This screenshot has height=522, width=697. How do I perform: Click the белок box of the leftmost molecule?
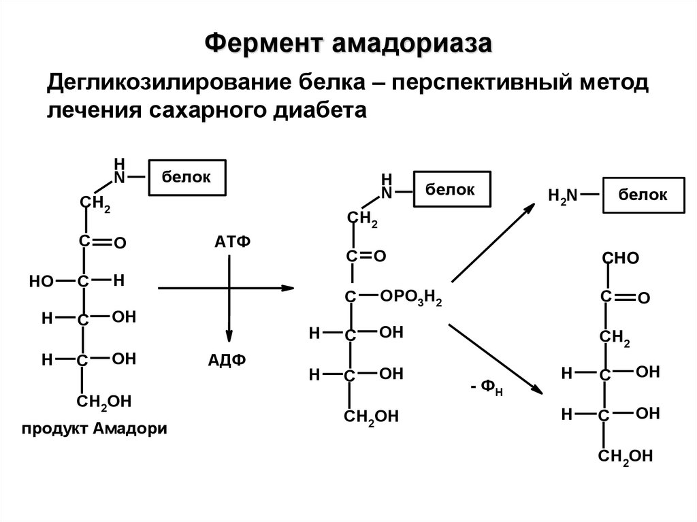(x=187, y=178)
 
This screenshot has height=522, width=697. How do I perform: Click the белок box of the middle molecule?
(x=451, y=190)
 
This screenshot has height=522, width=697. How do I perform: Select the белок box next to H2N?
(x=643, y=195)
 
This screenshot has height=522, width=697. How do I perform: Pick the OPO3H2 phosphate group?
(x=412, y=297)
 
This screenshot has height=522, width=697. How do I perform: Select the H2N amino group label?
(x=562, y=196)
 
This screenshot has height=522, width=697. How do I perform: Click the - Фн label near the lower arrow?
(x=486, y=391)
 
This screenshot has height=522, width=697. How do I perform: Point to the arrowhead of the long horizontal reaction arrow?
(x=287, y=289)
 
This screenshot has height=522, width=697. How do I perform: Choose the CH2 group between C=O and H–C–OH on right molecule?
(x=614, y=338)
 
